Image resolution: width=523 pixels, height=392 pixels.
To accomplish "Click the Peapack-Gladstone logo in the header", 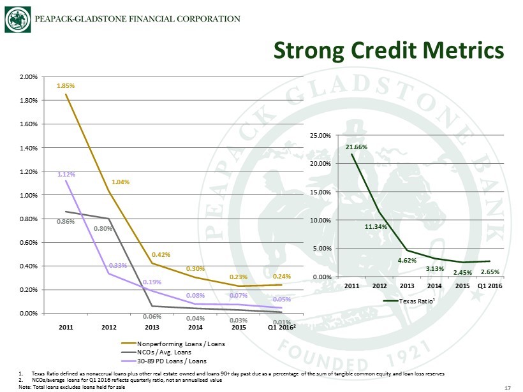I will point(17,18).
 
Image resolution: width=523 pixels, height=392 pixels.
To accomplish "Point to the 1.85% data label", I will point(66,85).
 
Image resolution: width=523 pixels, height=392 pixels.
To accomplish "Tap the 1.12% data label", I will point(66,173).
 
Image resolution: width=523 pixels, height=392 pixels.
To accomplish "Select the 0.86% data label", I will point(66,222).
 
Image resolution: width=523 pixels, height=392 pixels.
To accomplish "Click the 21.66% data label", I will point(357,147).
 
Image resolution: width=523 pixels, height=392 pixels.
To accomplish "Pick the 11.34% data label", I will point(375,226).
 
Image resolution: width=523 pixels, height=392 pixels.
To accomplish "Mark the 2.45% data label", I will point(463,273).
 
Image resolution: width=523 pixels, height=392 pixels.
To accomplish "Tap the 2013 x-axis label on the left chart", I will point(152,327).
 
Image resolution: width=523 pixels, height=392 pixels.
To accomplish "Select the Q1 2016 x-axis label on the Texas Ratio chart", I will point(490,286).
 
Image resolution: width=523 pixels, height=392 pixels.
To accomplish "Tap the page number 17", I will point(508,386).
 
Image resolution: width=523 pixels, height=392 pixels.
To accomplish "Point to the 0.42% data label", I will point(161,254).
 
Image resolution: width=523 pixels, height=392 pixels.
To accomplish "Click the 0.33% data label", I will point(116,265).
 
